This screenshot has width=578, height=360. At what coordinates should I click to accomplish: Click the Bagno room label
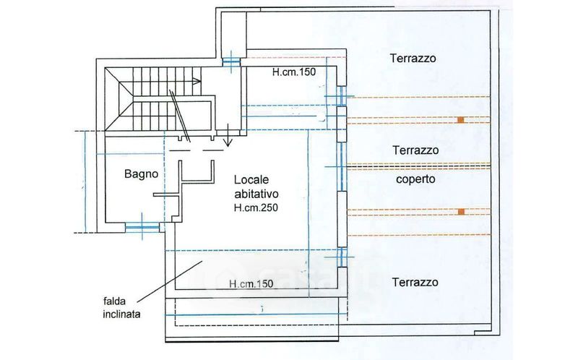point(141,173)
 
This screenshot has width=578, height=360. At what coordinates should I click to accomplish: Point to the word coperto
point(415,179)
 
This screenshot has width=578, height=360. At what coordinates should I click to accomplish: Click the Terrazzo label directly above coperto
point(415,151)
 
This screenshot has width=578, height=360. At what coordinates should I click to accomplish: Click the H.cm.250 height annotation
point(256,207)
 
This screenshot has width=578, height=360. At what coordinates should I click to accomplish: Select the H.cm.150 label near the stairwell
point(294,72)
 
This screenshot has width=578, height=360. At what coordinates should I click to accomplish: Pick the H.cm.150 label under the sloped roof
point(250,283)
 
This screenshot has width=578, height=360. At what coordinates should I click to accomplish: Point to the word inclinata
point(122,315)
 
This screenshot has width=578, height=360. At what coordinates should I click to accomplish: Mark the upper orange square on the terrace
point(460,119)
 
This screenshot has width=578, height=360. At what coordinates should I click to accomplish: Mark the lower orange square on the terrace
point(460,212)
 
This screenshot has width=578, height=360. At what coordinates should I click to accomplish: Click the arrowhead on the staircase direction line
point(197,82)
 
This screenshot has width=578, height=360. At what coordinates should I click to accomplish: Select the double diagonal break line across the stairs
point(180,114)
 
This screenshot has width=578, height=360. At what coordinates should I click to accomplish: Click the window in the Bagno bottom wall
point(142,227)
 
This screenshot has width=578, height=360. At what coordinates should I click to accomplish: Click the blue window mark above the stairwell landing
point(230,61)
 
